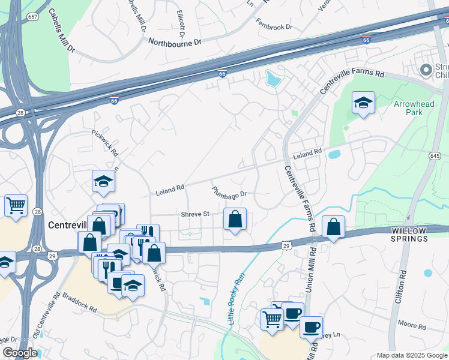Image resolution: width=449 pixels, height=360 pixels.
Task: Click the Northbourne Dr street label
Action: pyautogui.click(x=175, y=43)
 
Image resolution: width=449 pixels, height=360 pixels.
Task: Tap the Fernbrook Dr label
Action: pyautogui.click(x=274, y=26)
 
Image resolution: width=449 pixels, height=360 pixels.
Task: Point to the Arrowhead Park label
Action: pyautogui.click(x=413, y=109)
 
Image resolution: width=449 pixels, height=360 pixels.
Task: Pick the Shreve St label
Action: pyautogui.click(x=195, y=214)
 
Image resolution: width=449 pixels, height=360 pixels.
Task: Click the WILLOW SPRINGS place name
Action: pyautogui.click(x=409, y=235)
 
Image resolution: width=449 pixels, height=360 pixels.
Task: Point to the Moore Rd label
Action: pyautogui.click(x=411, y=326)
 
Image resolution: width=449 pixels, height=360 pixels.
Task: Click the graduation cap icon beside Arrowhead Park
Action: pyautogui.click(x=363, y=104)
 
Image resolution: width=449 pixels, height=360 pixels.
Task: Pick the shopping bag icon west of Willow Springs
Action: pyautogui.click(x=333, y=227)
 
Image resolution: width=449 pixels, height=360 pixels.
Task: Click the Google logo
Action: pyautogui.click(x=19, y=353)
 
